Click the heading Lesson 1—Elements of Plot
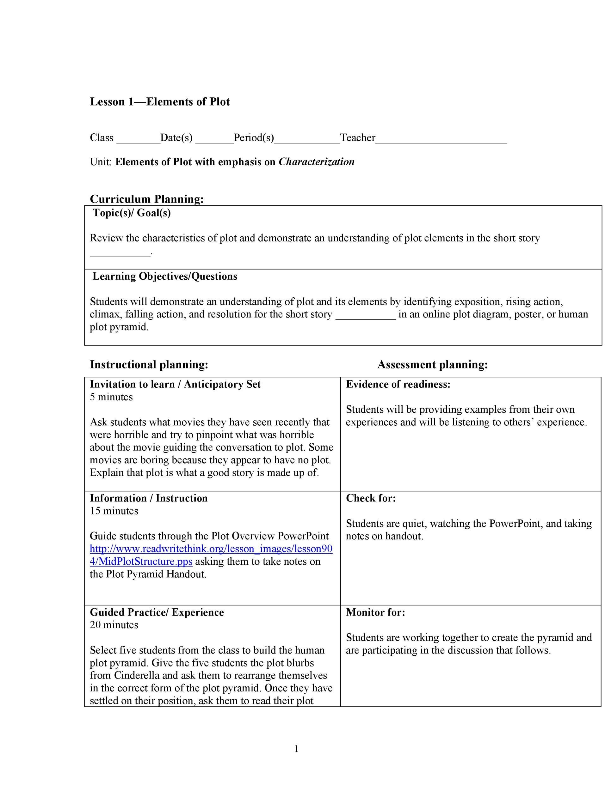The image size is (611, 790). click(160, 102)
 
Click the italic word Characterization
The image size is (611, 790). click(316, 162)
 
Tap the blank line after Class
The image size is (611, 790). click(138, 140)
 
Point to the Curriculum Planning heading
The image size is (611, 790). click(147, 199)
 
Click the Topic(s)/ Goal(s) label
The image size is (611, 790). click(132, 213)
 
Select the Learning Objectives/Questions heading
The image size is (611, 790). click(165, 276)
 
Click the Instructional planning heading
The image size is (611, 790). click(149, 365)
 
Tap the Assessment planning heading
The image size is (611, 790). click(433, 365)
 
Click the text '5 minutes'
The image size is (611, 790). click(111, 397)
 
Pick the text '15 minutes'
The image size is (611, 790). click(114, 511)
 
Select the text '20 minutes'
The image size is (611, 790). click(114, 625)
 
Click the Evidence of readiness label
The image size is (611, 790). click(398, 385)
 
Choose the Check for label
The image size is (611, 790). click(371, 498)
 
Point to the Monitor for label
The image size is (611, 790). click(375, 612)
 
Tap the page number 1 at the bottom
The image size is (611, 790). click(296, 749)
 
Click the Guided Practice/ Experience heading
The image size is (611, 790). click(157, 612)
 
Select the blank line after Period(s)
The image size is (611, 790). click(307, 140)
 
